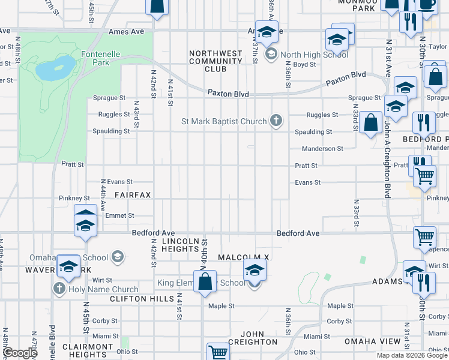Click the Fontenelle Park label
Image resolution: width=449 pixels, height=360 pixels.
101,58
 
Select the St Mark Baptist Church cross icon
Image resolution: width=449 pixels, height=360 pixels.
276,121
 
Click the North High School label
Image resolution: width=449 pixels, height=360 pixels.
314,55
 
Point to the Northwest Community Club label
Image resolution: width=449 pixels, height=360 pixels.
215,61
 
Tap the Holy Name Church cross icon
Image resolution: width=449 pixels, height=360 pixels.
59,289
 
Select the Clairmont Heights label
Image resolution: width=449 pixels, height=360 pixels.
87,350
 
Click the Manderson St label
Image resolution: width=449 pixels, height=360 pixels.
322,148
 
